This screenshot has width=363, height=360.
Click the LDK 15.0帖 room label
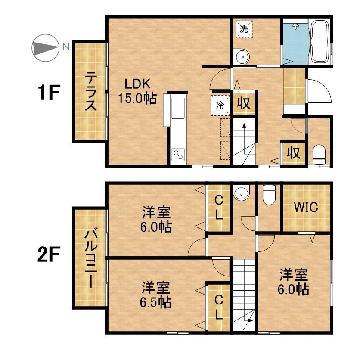tap(137, 91)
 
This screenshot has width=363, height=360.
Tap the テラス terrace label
tap(90, 91)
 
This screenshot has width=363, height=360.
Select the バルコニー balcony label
tap(90, 258)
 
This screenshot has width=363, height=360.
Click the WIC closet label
tap(306, 207)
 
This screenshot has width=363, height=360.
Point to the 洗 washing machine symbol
tap(244, 29)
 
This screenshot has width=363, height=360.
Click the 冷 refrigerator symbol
tap(220, 106)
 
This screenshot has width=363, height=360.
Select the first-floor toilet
tap(319, 155)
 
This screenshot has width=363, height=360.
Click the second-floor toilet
tap(269, 195)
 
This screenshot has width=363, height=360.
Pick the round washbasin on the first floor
tap(241, 57)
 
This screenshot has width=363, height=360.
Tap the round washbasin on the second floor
tap(242, 192)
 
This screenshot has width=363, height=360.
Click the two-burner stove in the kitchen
tap(178, 155)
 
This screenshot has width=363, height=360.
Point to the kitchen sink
tap(178, 108)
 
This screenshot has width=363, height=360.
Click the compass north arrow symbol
tap(45, 48)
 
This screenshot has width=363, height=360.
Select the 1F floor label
tap(49, 92)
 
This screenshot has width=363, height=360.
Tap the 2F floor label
tap(49, 254)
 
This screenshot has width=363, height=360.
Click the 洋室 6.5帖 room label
tap(156, 295)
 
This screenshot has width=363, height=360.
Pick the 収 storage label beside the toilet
tap(294, 153)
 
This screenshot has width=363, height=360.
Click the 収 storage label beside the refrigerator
tap(244, 103)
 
